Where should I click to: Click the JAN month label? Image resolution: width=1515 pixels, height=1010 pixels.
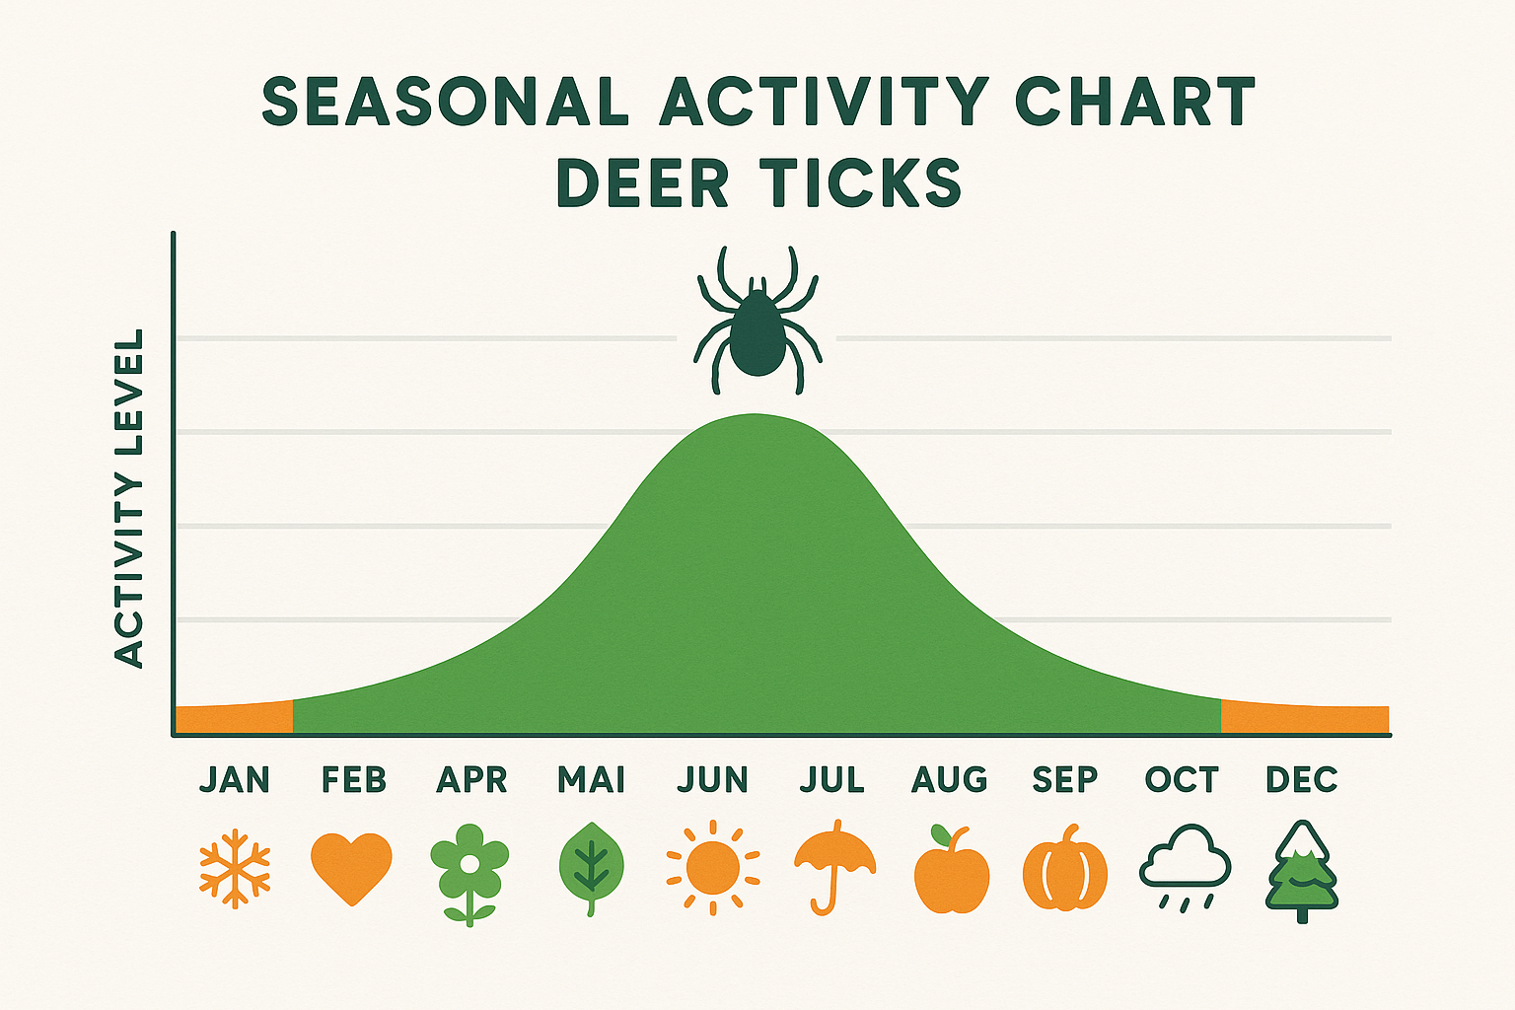235,779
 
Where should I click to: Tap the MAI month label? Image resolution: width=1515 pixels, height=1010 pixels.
591,779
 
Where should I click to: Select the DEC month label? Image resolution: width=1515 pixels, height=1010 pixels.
1301,779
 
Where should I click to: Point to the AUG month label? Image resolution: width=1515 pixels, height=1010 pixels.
949,779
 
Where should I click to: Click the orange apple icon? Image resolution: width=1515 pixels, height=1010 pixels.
951,872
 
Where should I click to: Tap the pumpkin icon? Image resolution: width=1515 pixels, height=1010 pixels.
1065,872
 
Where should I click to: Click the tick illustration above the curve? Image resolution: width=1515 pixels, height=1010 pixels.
757,325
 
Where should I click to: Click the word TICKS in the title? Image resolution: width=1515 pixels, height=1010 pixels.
861,182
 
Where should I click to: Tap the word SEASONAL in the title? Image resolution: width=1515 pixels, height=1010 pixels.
446,102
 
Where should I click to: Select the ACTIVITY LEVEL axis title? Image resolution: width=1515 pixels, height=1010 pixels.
129,498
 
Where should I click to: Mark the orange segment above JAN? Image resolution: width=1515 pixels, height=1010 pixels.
234,719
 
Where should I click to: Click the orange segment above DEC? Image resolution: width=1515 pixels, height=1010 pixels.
1304,719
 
